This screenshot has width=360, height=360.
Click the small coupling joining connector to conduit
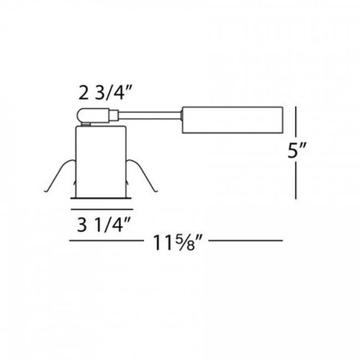point(113,113)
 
